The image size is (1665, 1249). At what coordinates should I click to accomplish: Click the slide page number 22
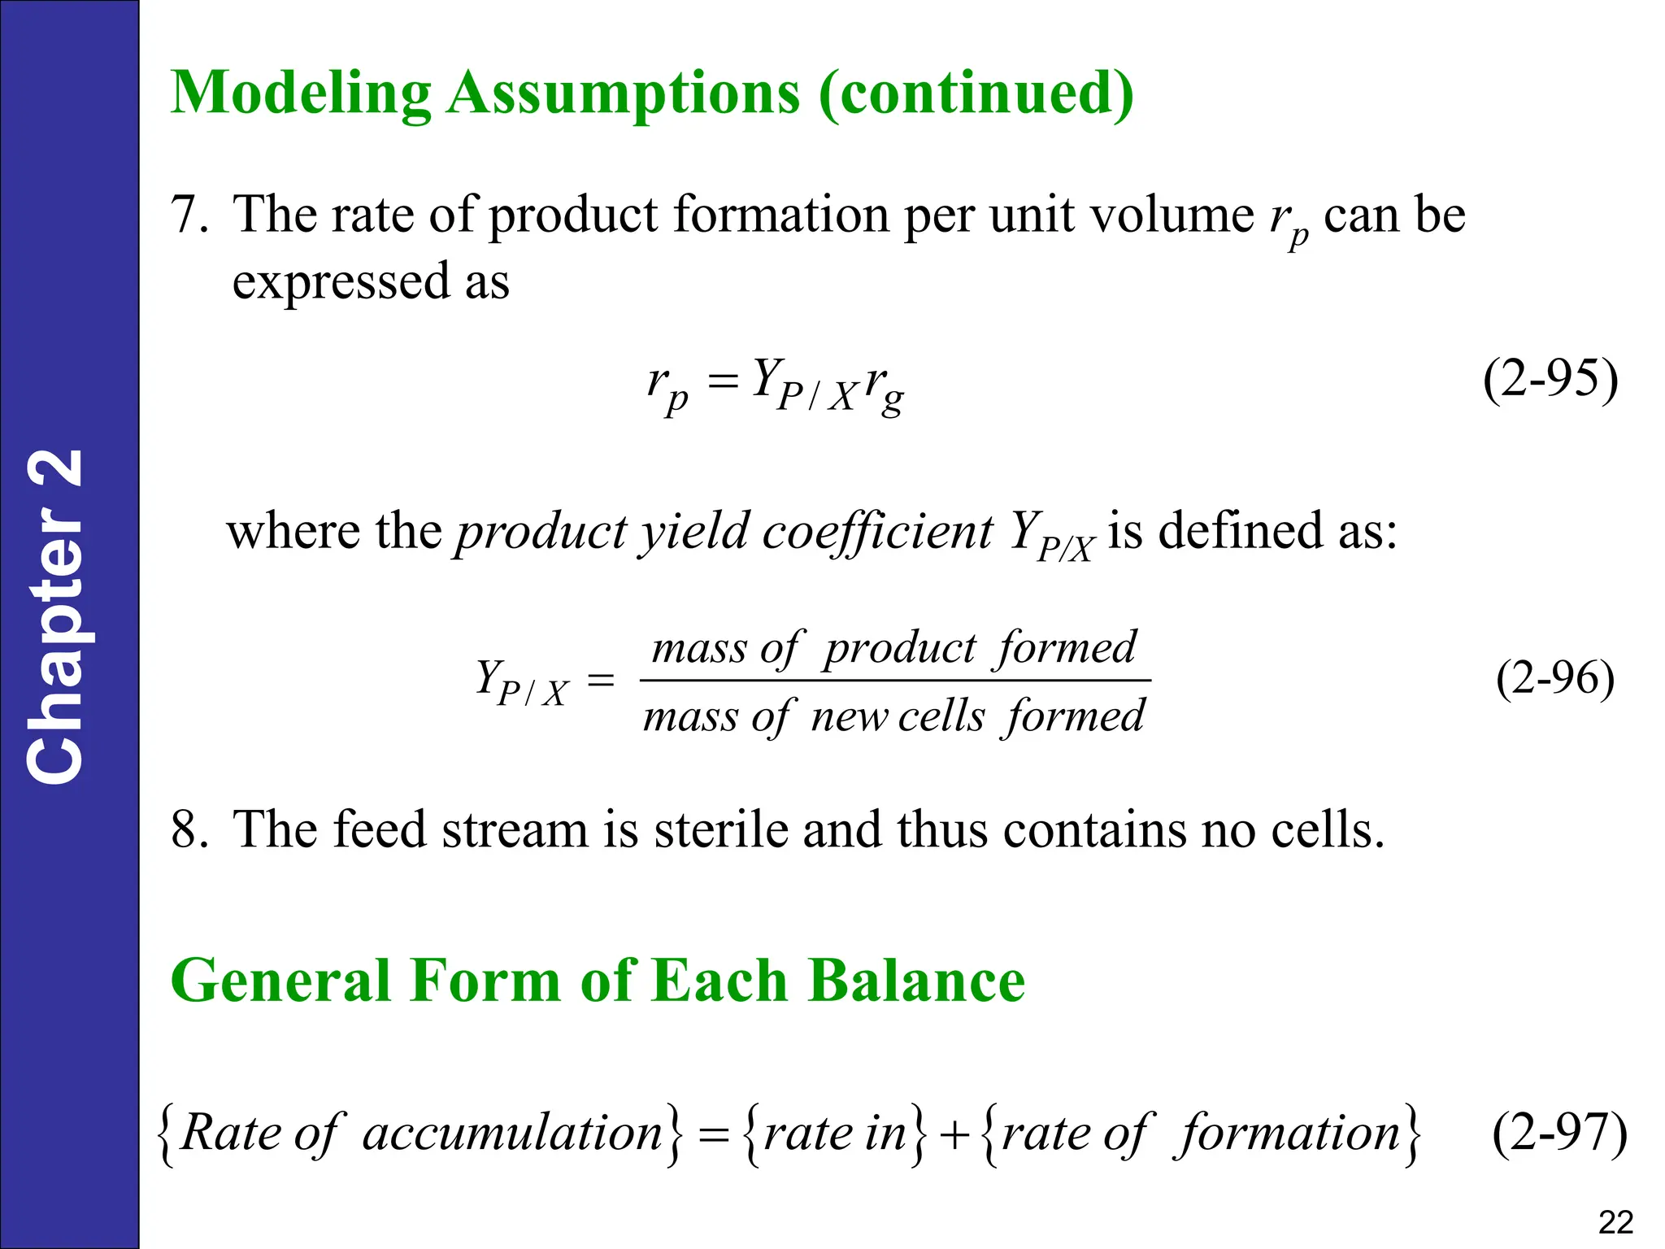(x=1615, y=1222)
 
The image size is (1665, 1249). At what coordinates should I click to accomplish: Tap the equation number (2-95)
(x=1550, y=379)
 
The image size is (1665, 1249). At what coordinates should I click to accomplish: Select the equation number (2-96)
(x=1554, y=678)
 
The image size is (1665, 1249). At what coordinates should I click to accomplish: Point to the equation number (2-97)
(x=1559, y=1133)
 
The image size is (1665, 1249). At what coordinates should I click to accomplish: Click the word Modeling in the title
(x=301, y=94)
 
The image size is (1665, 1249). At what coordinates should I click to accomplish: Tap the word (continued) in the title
(x=976, y=94)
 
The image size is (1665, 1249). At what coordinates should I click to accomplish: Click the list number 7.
(x=189, y=215)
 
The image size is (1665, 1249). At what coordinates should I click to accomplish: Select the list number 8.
(x=189, y=830)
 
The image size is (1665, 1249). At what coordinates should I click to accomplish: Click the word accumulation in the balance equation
(x=512, y=1133)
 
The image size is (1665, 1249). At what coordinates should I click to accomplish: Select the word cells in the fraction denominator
(x=941, y=717)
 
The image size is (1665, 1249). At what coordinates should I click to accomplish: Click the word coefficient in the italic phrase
(x=877, y=532)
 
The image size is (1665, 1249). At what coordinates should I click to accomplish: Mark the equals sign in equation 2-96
(x=601, y=680)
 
